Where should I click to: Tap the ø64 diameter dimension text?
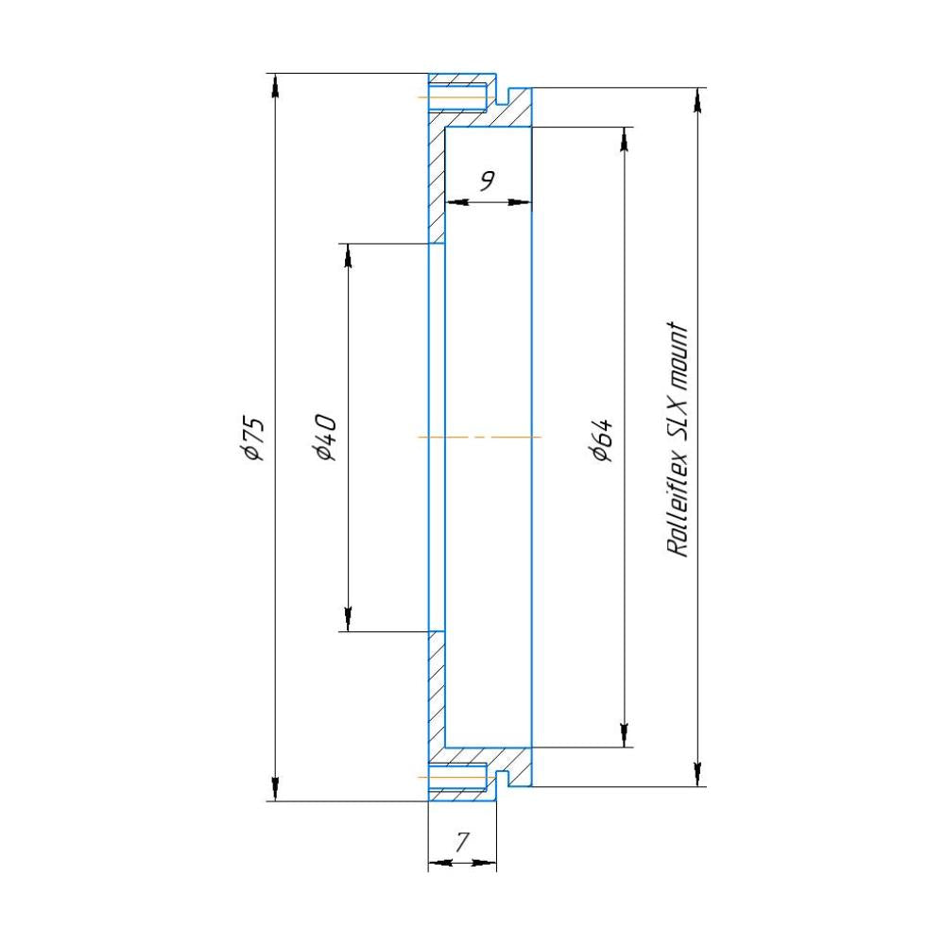(603, 439)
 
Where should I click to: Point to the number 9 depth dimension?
(487, 180)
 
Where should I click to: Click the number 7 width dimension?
(462, 842)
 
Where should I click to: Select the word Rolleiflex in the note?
(678, 504)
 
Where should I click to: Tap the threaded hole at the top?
(458, 97)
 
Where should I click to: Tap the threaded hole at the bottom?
(458, 777)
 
